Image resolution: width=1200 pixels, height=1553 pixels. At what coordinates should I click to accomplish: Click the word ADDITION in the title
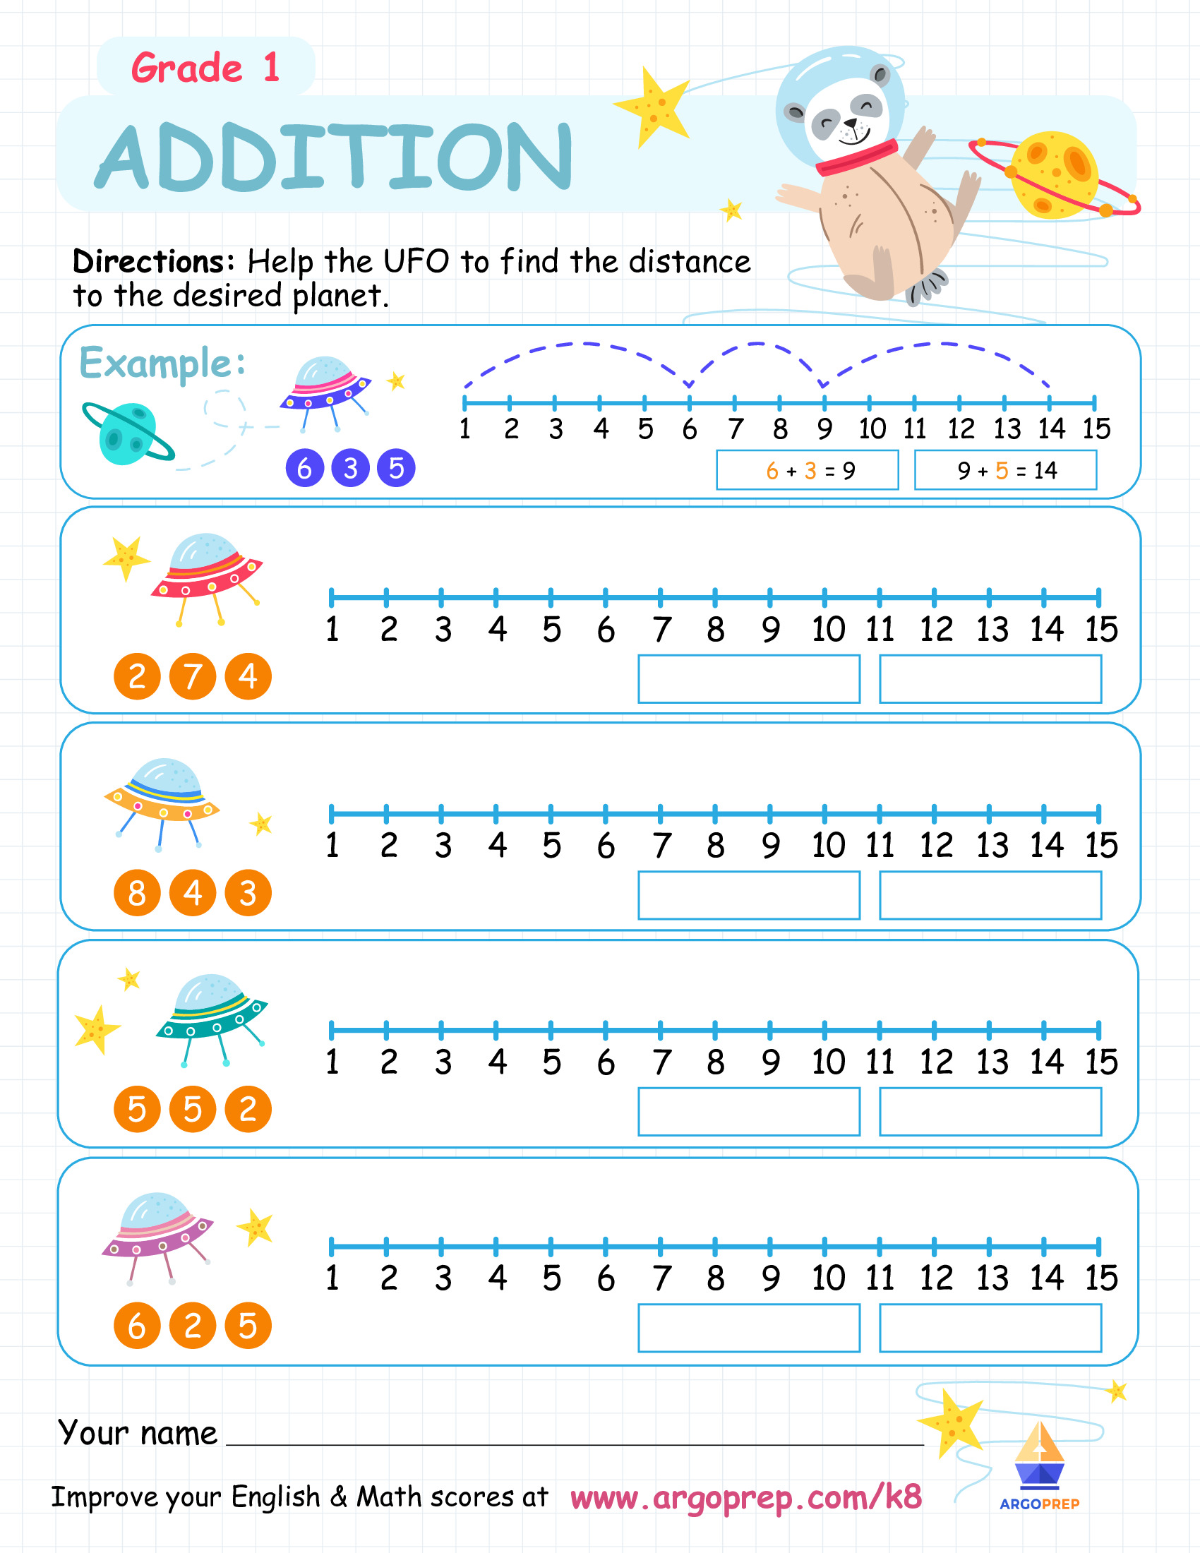pos(333,156)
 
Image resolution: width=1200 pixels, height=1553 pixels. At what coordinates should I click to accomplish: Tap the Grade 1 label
pos(205,68)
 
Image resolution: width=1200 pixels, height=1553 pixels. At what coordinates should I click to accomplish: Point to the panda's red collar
pos(857,158)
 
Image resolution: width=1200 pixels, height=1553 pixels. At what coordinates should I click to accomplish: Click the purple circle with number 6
pos(304,469)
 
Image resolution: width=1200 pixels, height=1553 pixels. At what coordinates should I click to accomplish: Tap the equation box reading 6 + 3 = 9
pos(808,470)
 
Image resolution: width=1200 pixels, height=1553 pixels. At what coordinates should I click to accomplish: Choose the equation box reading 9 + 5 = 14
pos(1005,470)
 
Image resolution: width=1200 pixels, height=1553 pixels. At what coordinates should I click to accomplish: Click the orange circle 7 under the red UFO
pos(192,676)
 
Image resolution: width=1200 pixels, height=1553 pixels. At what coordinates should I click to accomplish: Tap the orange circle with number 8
pos(137,893)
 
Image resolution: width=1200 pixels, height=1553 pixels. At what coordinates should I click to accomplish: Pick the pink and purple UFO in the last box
pos(158,1238)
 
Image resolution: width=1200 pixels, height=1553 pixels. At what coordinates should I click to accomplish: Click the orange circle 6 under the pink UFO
pos(137,1326)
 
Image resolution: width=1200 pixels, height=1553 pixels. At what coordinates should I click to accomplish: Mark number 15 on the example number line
pos(1096,428)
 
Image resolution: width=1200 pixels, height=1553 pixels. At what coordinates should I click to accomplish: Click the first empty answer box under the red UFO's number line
pos(749,679)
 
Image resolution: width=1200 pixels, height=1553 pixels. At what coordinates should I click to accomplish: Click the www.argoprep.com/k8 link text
pos(746,1497)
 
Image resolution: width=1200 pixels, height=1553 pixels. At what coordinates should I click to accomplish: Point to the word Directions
pos(154,263)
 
